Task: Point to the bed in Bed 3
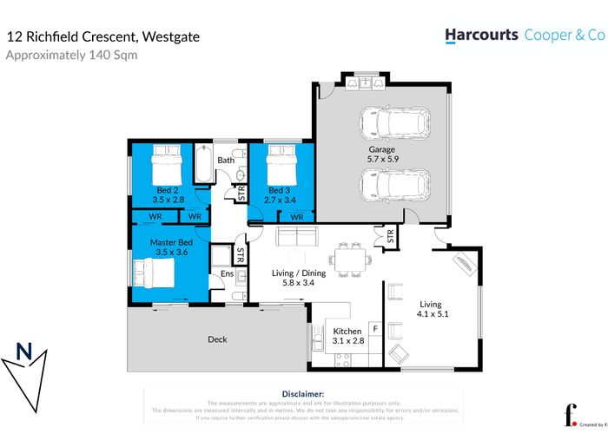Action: [281, 162]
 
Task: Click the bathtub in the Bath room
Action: [202, 164]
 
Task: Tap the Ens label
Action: [227, 275]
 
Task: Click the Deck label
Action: [217, 339]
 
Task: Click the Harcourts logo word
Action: [481, 35]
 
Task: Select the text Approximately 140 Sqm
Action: [71, 56]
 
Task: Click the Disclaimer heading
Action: [303, 393]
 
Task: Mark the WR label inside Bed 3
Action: [296, 216]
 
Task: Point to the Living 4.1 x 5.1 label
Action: [431, 310]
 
